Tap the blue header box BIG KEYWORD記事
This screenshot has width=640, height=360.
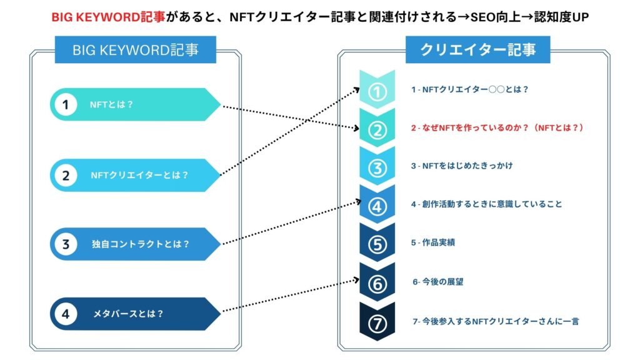click(x=136, y=50)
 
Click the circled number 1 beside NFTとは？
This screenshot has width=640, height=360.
click(x=66, y=104)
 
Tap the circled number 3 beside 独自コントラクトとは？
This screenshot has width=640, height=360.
click(x=66, y=244)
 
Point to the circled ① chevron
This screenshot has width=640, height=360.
click(x=377, y=92)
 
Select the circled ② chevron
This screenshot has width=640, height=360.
click(x=377, y=130)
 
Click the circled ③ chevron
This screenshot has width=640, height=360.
click(x=377, y=168)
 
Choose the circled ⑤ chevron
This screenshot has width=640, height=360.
click(x=377, y=244)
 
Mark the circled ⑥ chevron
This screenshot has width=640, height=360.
click(x=377, y=283)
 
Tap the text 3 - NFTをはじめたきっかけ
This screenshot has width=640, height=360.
click(x=462, y=166)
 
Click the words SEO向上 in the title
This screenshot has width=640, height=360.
click(x=500, y=17)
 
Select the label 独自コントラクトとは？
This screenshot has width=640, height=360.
click(x=141, y=244)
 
